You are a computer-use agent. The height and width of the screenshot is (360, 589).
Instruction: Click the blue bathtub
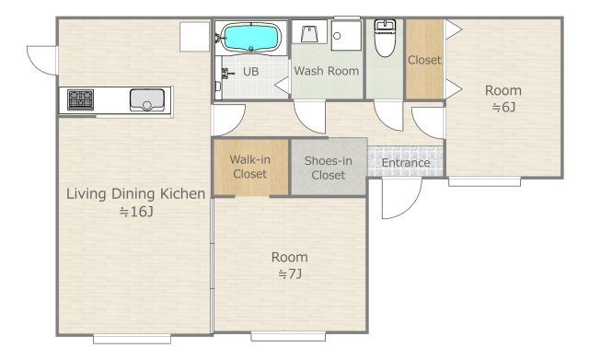251,37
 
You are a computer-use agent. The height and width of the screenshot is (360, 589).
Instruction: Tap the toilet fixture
385,38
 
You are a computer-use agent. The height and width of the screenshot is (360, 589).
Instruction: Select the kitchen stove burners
80,99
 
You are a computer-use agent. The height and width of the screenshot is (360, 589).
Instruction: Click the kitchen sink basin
147,100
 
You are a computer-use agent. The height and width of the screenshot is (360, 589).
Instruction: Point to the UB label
251,72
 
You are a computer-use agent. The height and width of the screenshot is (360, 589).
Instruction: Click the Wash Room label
327,71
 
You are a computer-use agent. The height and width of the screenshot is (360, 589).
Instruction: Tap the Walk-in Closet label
249,167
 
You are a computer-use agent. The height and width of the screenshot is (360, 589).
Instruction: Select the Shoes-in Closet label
329,168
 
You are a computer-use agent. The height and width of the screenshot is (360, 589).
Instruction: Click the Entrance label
406,163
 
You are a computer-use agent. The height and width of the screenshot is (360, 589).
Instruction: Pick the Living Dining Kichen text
135,194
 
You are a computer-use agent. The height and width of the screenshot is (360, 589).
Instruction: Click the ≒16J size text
136,212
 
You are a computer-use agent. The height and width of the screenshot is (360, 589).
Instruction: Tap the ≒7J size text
290,274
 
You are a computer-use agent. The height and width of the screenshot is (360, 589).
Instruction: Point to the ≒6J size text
503,108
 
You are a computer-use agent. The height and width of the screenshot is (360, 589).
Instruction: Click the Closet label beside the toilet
424,60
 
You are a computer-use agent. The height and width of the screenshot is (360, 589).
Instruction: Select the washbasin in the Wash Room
309,32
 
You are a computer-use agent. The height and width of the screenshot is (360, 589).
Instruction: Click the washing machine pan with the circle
346,35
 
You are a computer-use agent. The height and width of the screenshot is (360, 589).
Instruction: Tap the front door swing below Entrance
401,198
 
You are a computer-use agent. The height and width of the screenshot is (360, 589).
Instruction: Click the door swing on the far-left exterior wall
41,60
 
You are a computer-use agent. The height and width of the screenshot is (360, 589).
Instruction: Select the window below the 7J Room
288,336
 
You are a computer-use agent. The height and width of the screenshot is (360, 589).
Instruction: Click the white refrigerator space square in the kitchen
194,37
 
